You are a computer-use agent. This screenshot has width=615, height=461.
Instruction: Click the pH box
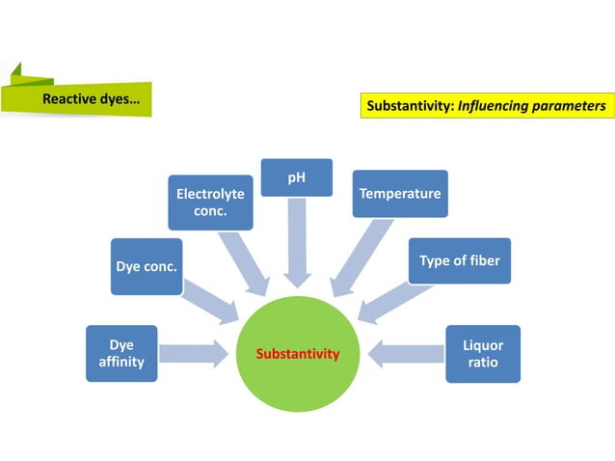coord(297,178)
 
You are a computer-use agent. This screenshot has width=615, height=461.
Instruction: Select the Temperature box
coord(399,193)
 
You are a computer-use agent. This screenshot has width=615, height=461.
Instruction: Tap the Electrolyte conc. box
coord(210,202)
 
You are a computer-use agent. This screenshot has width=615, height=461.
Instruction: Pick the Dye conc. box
coord(147,266)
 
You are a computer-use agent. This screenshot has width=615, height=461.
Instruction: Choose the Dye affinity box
coord(121,353)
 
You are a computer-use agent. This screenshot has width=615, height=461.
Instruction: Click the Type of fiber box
coord(459,260)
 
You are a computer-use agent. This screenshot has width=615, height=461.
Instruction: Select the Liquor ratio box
coord(483,353)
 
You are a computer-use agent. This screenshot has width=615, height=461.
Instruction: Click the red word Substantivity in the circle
coord(298,354)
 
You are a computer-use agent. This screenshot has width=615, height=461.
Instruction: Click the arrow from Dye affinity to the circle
coord(193,353)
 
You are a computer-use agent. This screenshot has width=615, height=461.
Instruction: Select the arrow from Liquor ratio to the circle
coord(405,353)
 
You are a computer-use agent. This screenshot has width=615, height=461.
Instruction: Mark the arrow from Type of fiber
coord(393,301)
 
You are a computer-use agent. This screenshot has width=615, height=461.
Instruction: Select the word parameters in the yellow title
coord(569,106)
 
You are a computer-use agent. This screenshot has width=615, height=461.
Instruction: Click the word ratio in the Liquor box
coord(483,363)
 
